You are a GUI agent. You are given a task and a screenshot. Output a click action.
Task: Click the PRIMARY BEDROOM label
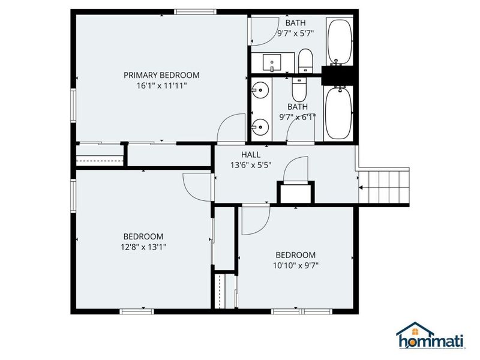[161, 75]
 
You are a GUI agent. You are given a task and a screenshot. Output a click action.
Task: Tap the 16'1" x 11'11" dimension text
[161, 86]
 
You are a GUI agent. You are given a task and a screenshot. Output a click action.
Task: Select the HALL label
[251, 155]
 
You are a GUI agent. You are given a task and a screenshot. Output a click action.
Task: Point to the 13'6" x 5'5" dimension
[251, 166]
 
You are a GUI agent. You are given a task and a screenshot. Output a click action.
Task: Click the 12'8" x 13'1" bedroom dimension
[143, 247]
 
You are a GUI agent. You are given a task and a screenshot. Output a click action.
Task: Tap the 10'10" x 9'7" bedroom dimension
[296, 265]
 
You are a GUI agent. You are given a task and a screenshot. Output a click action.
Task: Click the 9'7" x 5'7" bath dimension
[295, 34]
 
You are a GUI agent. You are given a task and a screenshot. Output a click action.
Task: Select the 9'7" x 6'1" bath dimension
[297, 117]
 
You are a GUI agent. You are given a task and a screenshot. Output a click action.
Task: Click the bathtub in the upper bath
[340, 43]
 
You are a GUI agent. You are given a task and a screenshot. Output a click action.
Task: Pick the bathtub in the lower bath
[338, 113]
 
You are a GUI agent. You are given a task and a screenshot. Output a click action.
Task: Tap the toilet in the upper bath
[305, 61]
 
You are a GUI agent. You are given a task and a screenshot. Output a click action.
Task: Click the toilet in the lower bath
[299, 89]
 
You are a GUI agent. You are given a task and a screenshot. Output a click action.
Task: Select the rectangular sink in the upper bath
[272, 62]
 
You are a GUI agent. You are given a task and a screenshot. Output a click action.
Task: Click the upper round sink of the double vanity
[260, 91]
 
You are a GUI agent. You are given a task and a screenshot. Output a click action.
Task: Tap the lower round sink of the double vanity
[260, 127]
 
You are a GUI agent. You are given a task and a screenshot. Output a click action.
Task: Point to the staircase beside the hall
[384, 187]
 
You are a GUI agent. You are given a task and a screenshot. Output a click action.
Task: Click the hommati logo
[430, 335]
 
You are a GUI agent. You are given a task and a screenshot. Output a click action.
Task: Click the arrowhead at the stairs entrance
[361, 187]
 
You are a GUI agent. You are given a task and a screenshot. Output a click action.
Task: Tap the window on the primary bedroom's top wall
[196, 12]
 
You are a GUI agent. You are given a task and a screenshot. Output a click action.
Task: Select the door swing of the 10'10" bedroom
[256, 220]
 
